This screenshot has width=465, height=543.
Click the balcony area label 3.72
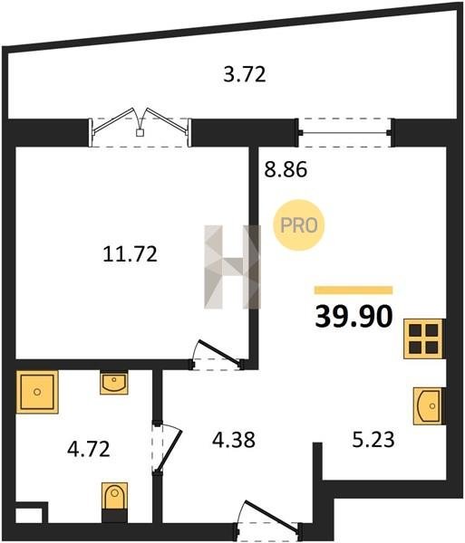245,74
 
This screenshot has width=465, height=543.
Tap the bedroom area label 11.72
130,253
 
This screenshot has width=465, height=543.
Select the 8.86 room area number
286,170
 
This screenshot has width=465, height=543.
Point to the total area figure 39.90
354,317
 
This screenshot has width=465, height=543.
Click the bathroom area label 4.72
89,449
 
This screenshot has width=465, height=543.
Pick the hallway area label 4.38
234,440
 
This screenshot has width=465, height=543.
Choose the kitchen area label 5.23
373,440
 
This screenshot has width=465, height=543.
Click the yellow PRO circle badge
298,225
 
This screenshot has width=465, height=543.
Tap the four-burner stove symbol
423,338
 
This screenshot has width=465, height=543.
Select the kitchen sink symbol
428,405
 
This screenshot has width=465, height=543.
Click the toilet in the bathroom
114,502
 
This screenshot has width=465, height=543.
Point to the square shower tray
37,392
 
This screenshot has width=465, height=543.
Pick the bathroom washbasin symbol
114,383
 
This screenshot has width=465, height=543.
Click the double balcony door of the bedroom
140,132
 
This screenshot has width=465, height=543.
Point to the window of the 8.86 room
345,132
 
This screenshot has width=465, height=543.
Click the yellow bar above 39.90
354,291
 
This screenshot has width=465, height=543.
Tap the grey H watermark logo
232,267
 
